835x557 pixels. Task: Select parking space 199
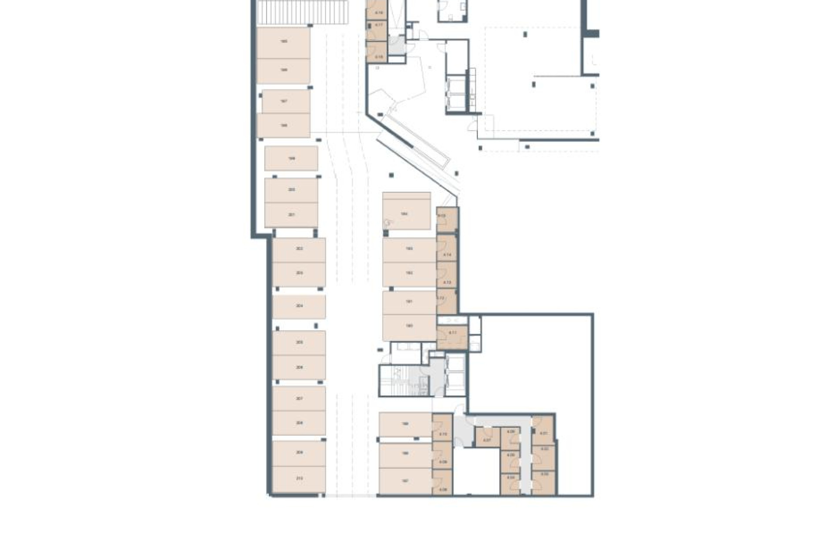[x=291, y=158]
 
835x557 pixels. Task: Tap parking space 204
[x=299, y=306]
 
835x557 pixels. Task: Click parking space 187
[x=405, y=481]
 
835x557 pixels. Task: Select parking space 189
[x=405, y=424]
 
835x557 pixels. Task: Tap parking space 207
[x=299, y=399]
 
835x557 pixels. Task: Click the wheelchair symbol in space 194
[x=387, y=223]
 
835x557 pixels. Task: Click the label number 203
[x=299, y=273]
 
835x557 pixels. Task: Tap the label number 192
[x=409, y=273]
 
